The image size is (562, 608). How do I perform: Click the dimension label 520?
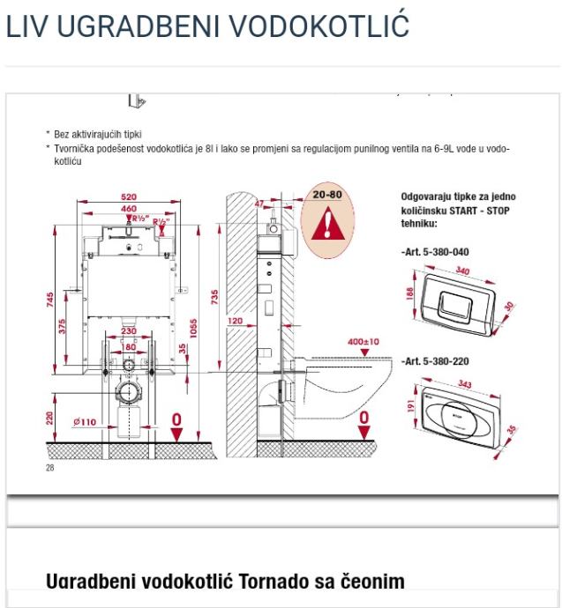(130, 197)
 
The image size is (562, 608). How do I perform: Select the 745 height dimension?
(50, 300)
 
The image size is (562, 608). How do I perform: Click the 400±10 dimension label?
(363, 341)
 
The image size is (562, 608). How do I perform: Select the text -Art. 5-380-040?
(435, 252)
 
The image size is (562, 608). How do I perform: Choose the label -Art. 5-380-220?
(435, 362)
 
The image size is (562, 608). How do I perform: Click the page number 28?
(49, 470)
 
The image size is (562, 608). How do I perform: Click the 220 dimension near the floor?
(50, 416)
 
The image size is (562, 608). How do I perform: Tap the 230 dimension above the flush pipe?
(129, 331)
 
